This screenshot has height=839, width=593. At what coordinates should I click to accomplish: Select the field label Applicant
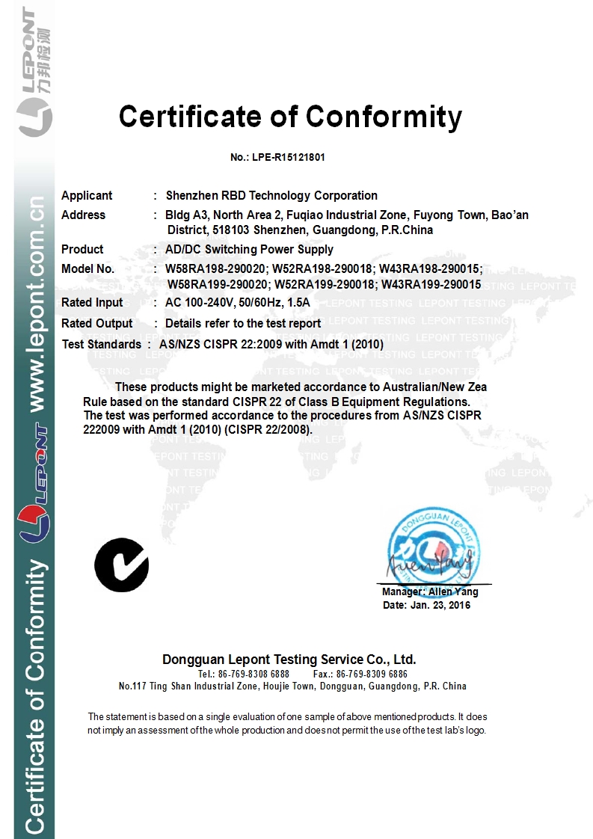tap(87, 196)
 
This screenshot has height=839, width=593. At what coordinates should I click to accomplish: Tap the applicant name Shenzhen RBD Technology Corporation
tap(271, 196)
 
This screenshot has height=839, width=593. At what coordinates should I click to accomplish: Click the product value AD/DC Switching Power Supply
tap(249, 250)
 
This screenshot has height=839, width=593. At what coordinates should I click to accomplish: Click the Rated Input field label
tap(93, 303)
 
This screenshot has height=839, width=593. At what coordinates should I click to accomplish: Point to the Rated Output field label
tap(96, 324)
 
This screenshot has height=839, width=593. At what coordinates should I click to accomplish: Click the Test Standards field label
tap(101, 344)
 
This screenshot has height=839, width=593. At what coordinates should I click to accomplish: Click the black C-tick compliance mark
tap(121, 565)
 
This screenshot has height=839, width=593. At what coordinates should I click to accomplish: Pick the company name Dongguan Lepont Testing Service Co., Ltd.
tap(289, 660)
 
